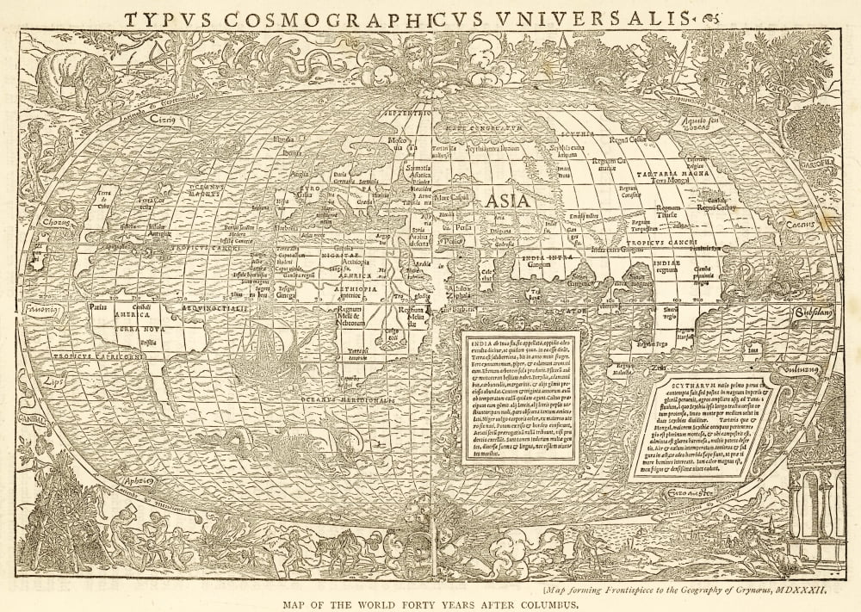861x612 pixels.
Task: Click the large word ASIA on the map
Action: tap(508, 201)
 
